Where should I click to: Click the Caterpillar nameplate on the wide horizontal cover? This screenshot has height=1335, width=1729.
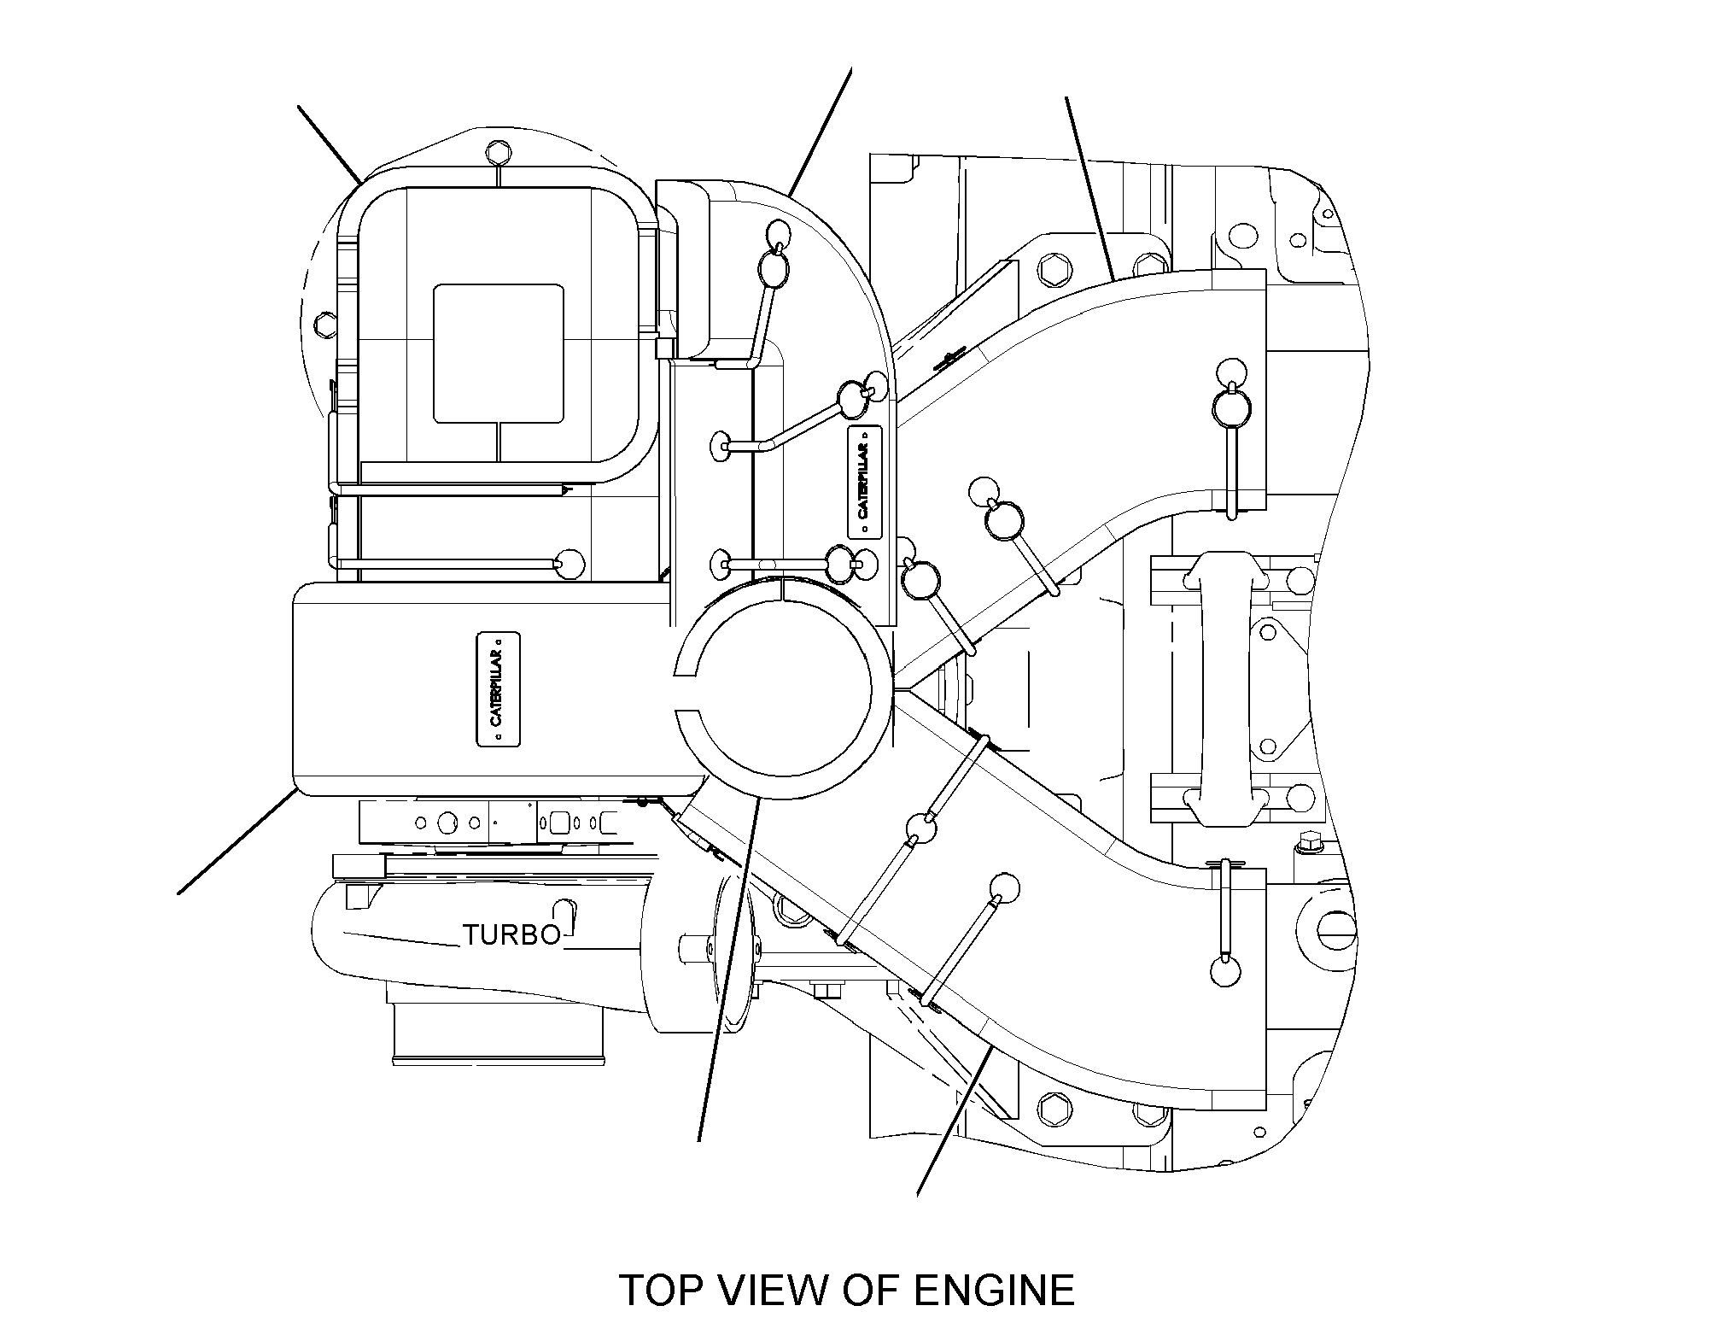(498, 689)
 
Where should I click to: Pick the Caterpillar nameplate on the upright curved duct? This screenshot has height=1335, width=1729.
(865, 482)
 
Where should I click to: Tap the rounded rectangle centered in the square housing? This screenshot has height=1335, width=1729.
(499, 354)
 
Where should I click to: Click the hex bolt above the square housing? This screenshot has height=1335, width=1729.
(498, 157)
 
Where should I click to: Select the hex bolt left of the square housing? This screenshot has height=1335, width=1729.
(324, 323)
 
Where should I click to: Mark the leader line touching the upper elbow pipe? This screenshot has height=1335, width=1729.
(1089, 188)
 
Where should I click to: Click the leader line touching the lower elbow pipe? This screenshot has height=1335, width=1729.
(954, 1123)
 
